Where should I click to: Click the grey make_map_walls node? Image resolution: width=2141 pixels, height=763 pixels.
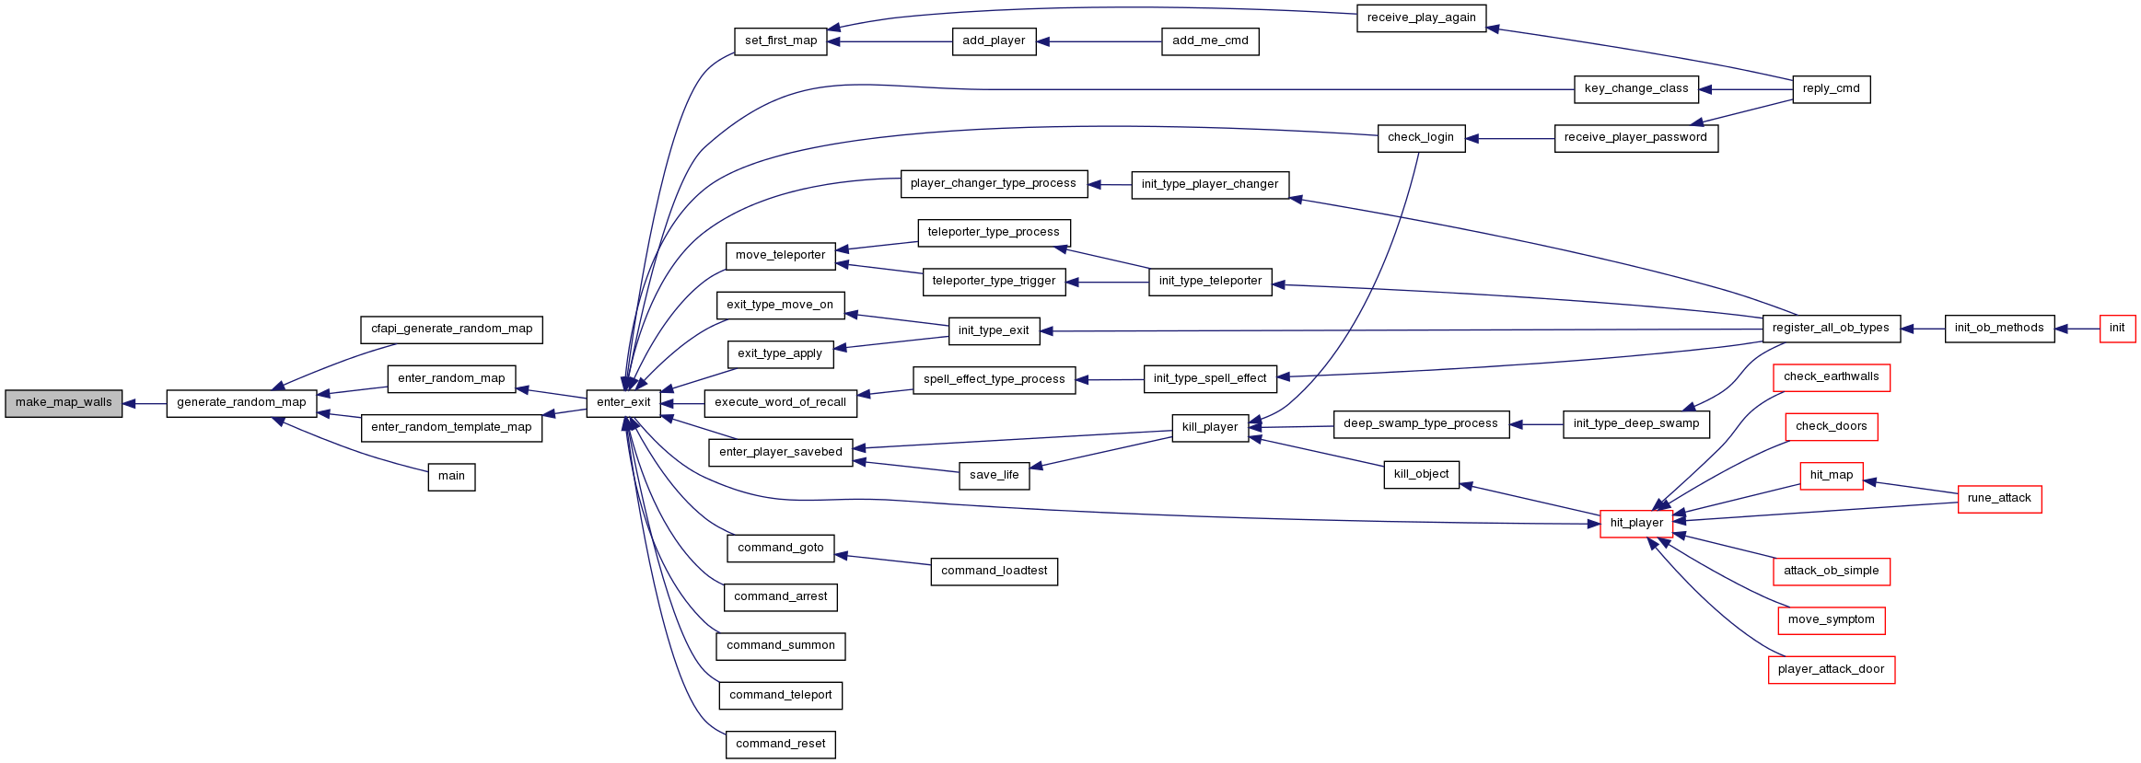pyautogui.click(x=64, y=403)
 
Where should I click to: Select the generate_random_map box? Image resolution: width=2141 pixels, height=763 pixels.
pyautogui.click(x=241, y=403)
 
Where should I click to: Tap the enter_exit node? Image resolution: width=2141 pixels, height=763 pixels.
pyautogui.click(x=623, y=403)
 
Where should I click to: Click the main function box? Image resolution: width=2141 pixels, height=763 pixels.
pyautogui.click(x=451, y=477)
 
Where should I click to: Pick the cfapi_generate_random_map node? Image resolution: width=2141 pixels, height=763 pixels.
pyautogui.click(x=451, y=329)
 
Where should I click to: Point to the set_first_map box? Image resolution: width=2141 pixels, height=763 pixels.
pyautogui.click(x=781, y=41)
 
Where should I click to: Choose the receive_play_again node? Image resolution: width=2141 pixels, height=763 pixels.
pyautogui.click(x=1421, y=18)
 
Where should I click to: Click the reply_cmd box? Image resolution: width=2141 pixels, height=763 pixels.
pyautogui.click(x=1832, y=89)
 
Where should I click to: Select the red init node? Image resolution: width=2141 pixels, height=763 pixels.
pyautogui.click(x=2117, y=329)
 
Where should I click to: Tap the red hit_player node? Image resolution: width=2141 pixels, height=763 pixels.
pyautogui.click(x=1636, y=524)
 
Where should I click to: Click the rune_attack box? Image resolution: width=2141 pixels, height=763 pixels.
pyautogui.click(x=1999, y=499)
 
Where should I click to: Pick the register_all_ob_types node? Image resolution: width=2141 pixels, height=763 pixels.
pyautogui.click(x=1831, y=329)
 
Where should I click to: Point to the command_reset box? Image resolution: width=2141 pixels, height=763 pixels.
pyautogui.click(x=781, y=745)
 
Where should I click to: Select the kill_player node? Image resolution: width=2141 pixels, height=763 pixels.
pyautogui.click(x=1210, y=428)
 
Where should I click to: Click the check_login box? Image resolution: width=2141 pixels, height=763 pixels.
pyautogui.click(x=1421, y=138)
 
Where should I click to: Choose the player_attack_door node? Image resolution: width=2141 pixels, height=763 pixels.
pyautogui.click(x=1831, y=670)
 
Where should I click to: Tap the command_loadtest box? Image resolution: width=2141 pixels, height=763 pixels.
pyautogui.click(x=994, y=572)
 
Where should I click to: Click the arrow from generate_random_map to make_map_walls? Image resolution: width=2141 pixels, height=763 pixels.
pyautogui.click(x=145, y=403)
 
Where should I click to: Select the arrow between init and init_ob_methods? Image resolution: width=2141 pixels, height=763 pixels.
pyautogui.click(x=2077, y=329)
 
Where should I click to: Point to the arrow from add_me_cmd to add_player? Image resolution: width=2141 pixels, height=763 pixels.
pyautogui.click(x=1100, y=41)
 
